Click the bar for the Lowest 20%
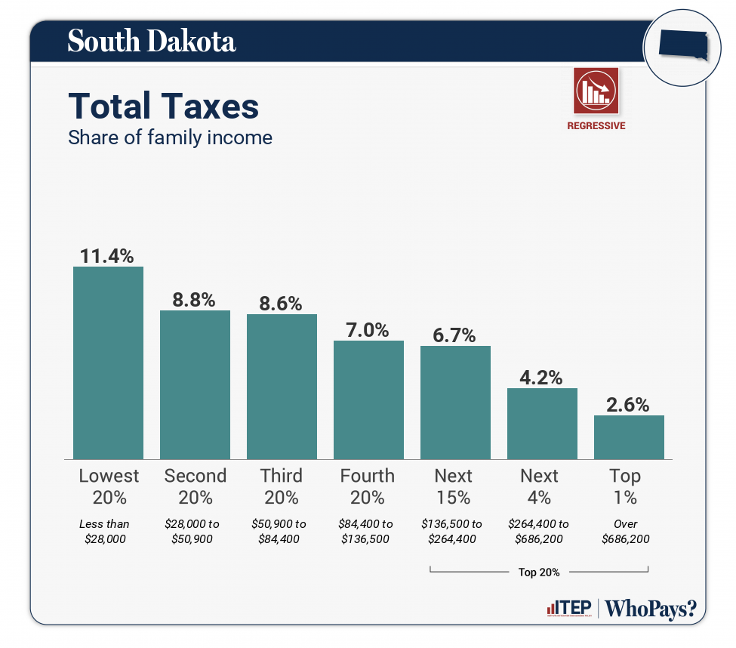tap(108, 363)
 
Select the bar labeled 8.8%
tap(195, 384)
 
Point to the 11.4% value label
tap(107, 255)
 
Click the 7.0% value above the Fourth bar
tap(368, 330)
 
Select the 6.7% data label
tap(455, 335)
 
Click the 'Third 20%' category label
tap(282, 486)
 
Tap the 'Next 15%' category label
tap(454, 486)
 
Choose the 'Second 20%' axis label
tap(195, 486)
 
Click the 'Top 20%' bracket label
tap(539, 572)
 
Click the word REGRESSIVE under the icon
tap(596, 126)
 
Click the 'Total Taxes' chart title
tap(164, 106)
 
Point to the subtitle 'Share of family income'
tap(170, 137)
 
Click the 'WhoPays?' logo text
tap(651, 609)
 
